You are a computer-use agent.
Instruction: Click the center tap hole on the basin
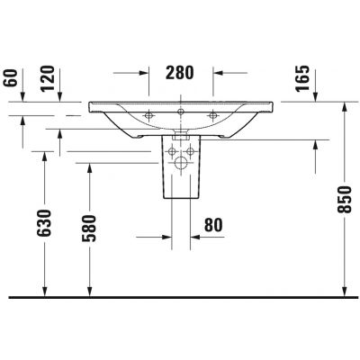point(180,112)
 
